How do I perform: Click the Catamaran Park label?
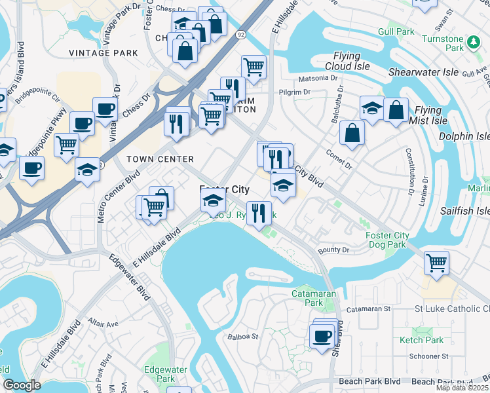(x=313, y=299)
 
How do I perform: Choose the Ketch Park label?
(x=421, y=340)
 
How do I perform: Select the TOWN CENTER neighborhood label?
(x=160, y=159)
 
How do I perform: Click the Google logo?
(x=22, y=385)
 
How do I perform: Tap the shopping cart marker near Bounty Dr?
(x=436, y=263)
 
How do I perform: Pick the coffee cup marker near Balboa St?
(x=321, y=336)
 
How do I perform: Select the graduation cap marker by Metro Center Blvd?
(x=87, y=170)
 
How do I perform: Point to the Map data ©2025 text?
(x=462, y=388)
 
